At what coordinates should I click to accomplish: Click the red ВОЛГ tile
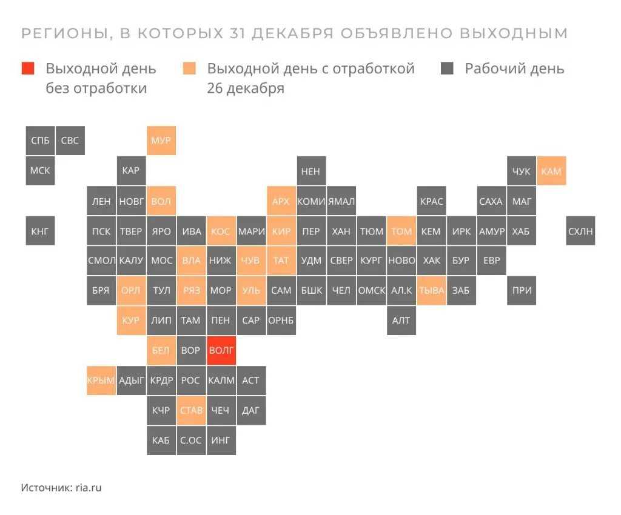(x=221, y=350)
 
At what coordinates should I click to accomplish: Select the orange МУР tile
(x=161, y=141)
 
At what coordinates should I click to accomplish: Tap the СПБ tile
(x=40, y=141)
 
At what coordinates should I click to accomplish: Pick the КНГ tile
(x=40, y=231)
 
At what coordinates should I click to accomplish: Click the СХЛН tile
(x=580, y=231)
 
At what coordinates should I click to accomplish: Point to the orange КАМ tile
(x=551, y=171)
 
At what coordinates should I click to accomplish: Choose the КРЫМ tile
(x=101, y=380)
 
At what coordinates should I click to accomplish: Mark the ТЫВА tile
(x=431, y=290)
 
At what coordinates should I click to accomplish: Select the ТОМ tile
(x=401, y=231)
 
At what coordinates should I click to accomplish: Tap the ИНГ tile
(x=221, y=440)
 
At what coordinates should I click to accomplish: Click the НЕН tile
(x=310, y=171)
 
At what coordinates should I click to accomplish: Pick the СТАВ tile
(x=191, y=410)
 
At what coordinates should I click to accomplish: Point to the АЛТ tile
(x=401, y=321)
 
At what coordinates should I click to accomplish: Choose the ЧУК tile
(x=521, y=171)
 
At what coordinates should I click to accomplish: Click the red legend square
(x=28, y=68)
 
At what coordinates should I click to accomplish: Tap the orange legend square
(x=189, y=68)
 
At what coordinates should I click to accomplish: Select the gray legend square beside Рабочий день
(x=448, y=68)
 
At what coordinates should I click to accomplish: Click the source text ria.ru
(x=88, y=487)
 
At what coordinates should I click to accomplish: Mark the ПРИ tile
(x=521, y=290)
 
